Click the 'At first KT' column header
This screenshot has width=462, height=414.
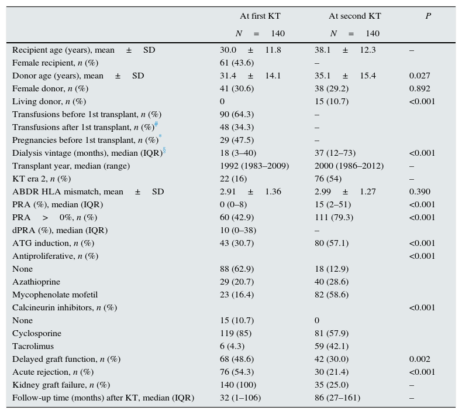pos(260,16)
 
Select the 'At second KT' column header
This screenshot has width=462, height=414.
pos(354,16)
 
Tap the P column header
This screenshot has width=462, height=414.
pos(428,16)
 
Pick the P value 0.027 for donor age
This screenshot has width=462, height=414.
pos(419,76)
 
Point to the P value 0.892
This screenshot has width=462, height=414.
pos(419,89)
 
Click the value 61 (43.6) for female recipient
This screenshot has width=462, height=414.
pos(237,63)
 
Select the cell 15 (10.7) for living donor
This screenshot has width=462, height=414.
pos(332,102)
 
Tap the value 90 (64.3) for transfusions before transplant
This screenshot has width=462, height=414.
pos(237,115)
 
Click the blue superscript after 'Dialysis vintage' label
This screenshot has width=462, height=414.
pos(164,150)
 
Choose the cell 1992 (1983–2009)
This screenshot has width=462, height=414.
pos(254,166)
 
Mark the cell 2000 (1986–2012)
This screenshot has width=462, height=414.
pos(349,166)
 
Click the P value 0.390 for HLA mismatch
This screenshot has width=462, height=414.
pos(419,192)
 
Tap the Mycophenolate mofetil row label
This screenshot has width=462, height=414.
pos(55,295)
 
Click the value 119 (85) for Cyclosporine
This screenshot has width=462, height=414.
pos(236,334)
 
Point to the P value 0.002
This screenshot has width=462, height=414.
pos(419,360)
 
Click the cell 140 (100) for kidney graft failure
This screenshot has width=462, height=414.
pos(238,385)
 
